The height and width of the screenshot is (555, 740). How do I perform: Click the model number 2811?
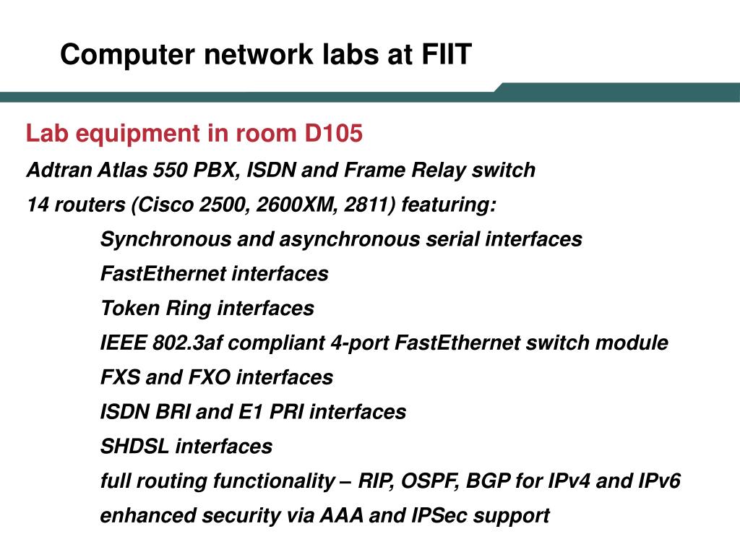[370, 205]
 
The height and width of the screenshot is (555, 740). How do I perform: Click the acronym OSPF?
[431, 481]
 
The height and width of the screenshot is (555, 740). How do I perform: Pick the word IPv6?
[658, 481]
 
